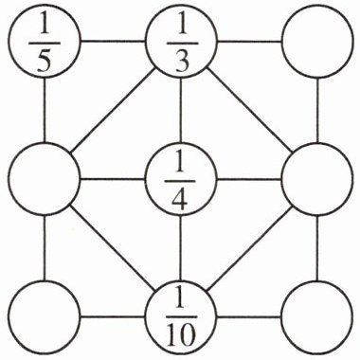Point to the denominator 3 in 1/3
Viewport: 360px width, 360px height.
pyautogui.click(x=182, y=61)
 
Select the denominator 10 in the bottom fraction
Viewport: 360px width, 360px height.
pyautogui.click(x=180, y=336)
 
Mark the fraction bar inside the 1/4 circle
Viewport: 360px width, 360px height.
pyautogui.click(x=180, y=181)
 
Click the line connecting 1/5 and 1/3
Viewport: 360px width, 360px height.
pyautogui.click(x=113, y=41)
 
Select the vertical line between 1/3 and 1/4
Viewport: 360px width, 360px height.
pyautogui.click(x=181, y=110)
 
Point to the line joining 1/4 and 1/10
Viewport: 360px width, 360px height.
pyautogui.click(x=181, y=248)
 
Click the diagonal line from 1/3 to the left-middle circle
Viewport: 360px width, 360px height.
pyautogui.click(x=113, y=110)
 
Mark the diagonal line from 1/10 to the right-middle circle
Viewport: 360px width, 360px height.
pyautogui.click(x=248, y=248)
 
